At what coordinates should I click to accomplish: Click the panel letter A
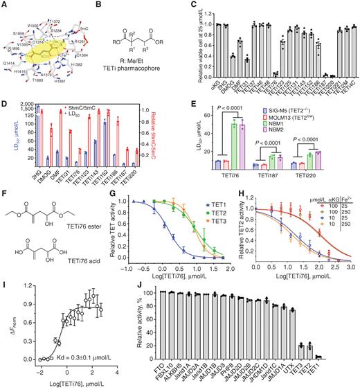[x=5, y=5]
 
